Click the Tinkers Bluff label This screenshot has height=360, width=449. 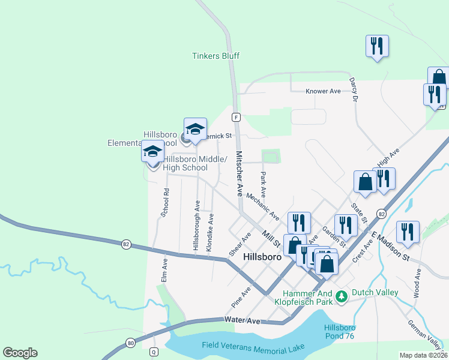click(x=215, y=56)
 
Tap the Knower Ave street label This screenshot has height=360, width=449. click(x=323, y=91)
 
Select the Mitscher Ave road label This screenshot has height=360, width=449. click(x=239, y=174)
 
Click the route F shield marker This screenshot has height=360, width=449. click(x=237, y=116)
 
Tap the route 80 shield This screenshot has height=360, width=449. click(x=131, y=343)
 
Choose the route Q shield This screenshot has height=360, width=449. click(x=154, y=352)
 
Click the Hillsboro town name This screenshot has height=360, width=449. click(x=262, y=256)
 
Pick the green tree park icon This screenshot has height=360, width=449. click(x=341, y=296)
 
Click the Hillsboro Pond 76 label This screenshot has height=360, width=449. click(x=340, y=331)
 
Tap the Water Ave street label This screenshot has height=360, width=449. click(x=243, y=321)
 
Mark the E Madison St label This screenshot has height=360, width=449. click(x=390, y=246)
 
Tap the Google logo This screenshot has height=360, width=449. click(x=20, y=353)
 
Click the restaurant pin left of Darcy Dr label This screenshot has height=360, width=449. click(x=377, y=46)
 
